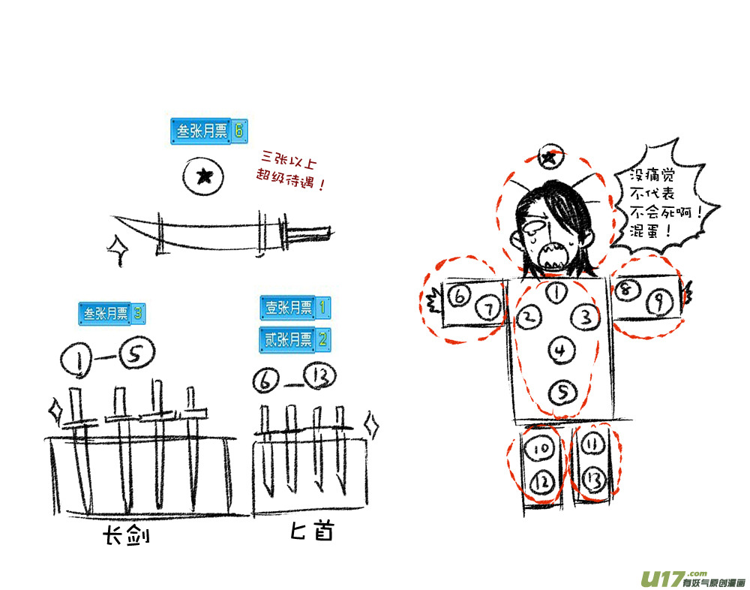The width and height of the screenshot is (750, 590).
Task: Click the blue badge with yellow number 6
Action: pyautogui.click(x=209, y=131)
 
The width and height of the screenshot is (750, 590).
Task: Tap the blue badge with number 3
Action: pyautogui.click(x=112, y=314)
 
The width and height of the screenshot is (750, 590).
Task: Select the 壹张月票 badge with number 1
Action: pyautogui.click(x=295, y=308)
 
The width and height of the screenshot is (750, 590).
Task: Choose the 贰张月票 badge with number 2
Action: pyautogui.click(x=295, y=339)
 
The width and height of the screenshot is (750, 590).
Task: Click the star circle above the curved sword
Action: pyautogui.click(x=203, y=176)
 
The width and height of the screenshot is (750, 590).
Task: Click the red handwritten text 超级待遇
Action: pyautogui.click(x=290, y=179)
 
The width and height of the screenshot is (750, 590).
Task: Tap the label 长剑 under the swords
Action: pyautogui.click(x=126, y=535)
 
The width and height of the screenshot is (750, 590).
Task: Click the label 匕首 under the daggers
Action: pyautogui.click(x=312, y=531)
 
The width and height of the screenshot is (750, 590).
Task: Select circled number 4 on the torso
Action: pyautogui.click(x=561, y=351)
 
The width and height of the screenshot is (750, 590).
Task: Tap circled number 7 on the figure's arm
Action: pyautogui.click(x=488, y=309)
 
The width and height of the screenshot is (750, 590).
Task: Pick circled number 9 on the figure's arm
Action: pyautogui.click(x=659, y=303)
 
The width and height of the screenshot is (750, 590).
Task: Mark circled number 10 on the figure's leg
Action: pyautogui.click(x=540, y=449)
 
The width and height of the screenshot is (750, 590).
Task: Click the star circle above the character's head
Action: pyautogui.click(x=550, y=156)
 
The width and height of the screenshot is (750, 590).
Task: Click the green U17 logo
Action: pyautogui.click(x=662, y=579)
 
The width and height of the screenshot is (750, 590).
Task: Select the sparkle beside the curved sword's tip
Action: pyautogui.click(x=118, y=250)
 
